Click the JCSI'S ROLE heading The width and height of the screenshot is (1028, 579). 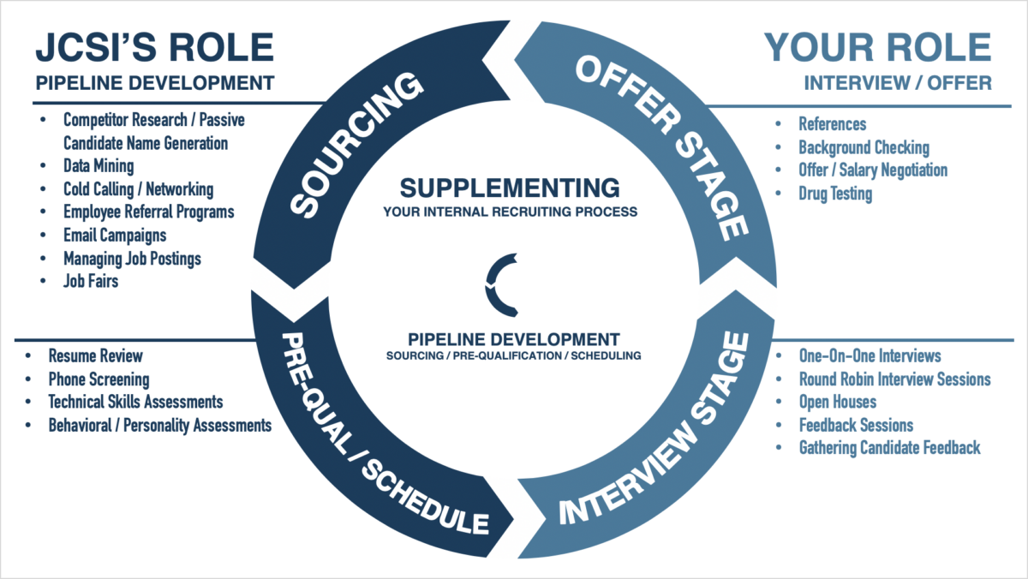pos(155,47)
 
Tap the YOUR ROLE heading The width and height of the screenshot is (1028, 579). pos(877,47)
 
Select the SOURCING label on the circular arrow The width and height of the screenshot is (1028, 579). pos(356,144)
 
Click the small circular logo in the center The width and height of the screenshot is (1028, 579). pos(502,285)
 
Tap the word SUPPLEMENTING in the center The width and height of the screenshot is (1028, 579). pos(510,188)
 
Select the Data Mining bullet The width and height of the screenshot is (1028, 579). pos(99,166)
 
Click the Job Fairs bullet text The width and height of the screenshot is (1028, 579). pos(91,281)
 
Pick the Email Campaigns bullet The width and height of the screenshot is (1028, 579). pos(115,236)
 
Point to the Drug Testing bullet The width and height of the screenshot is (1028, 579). pos(835,194)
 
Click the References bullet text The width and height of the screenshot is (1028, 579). pos(833,124)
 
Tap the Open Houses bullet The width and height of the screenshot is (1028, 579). pos(838,402)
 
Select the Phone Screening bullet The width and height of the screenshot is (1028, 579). pos(99,379)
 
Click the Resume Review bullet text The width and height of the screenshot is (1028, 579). pos(95,355)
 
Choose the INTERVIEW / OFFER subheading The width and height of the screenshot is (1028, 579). pos(898,83)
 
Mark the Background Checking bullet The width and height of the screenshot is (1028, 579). pos(864,147)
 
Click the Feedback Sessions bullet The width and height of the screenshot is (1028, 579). pos(856,425)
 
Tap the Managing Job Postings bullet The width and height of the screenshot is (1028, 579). pos(132,259)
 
